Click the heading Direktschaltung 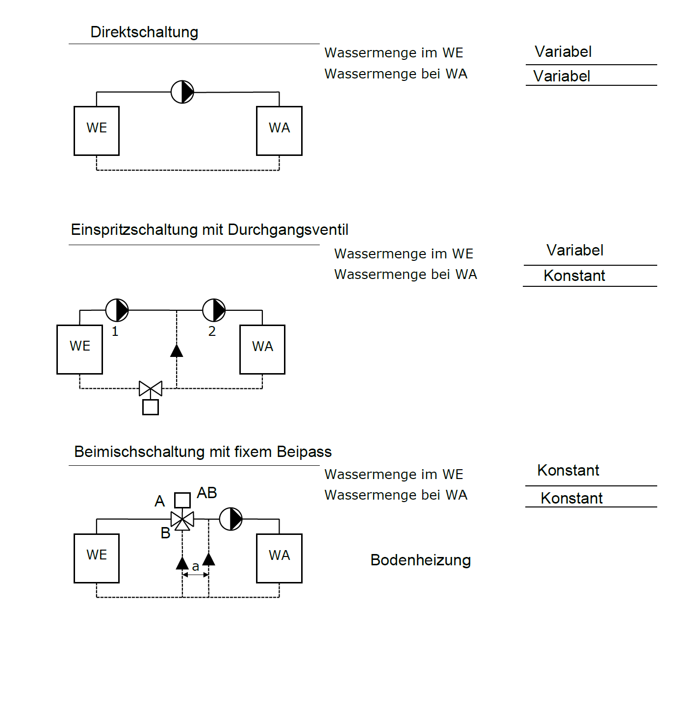[144, 32]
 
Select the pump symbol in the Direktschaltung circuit [182, 92]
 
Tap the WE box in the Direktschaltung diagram [97, 131]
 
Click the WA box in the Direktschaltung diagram [279, 131]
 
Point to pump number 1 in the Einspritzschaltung [117, 310]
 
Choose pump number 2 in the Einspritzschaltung [214, 310]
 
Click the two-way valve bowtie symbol [151, 388]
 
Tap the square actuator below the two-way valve [151, 407]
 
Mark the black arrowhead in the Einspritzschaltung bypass [177, 350]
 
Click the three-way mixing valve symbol [182, 520]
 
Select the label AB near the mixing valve [207, 493]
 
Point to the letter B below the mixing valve [165, 533]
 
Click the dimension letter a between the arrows [196, 567]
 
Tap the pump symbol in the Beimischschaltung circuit [231, 519]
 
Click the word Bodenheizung [420, 560]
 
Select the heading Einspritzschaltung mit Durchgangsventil [209, 229]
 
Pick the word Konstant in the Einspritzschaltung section [574, 276]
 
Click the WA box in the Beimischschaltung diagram [279, 558]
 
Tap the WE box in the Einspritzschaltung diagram [80, 350]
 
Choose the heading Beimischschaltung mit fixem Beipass [203, 452]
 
